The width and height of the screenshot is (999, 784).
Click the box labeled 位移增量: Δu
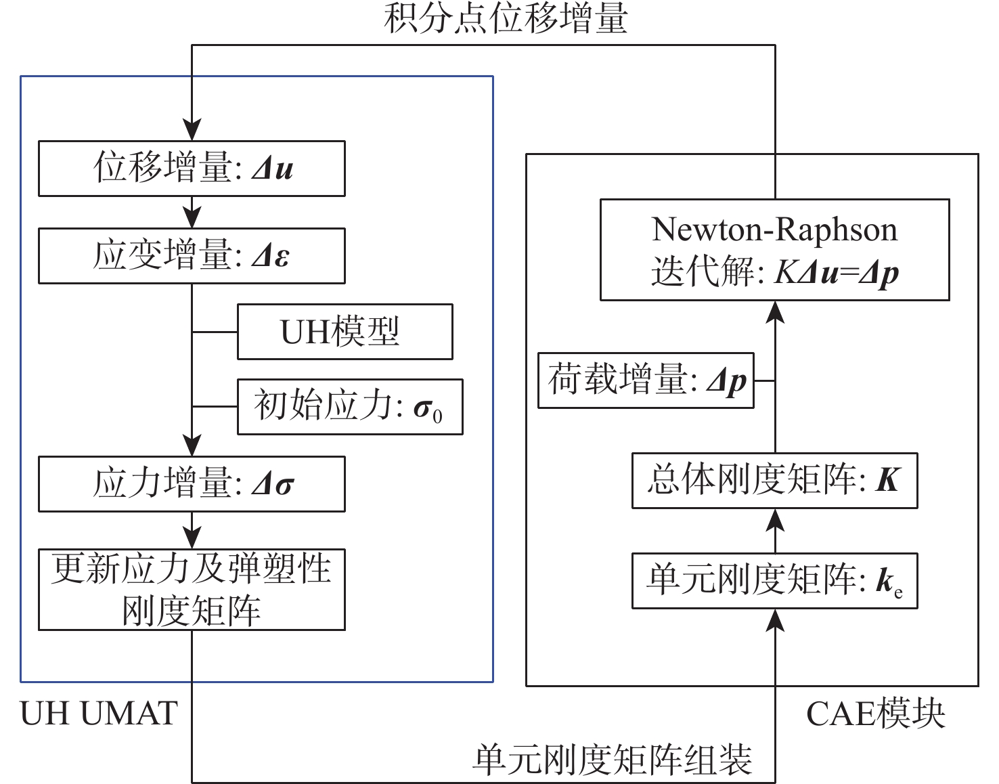click(192, 169)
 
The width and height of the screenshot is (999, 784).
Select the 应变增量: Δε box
click(192, 256)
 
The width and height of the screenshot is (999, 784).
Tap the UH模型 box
click(345, 332)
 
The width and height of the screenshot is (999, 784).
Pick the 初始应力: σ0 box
click(350, 406)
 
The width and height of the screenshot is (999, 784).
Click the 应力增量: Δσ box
click(192, 483)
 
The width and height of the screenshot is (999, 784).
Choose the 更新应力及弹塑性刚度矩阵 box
click(192, 590)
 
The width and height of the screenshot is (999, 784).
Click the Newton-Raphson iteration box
click(774, 250)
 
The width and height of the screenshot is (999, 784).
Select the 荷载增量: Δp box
click(646, 380)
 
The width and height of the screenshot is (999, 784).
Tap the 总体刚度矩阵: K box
click(774, 481)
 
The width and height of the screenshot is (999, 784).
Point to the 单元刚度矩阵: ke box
click(774, 580)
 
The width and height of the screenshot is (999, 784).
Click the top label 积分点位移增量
click(506, 18)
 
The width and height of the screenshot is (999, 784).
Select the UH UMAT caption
click(99, 714)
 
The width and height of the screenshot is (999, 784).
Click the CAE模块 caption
click(875, 714)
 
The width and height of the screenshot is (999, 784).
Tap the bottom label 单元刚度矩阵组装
click(613, 760)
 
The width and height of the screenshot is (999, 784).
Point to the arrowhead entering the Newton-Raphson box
click(776, 311)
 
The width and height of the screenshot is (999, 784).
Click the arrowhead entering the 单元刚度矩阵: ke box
click(776, 619)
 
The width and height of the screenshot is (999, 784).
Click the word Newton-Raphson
click(774, 230)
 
